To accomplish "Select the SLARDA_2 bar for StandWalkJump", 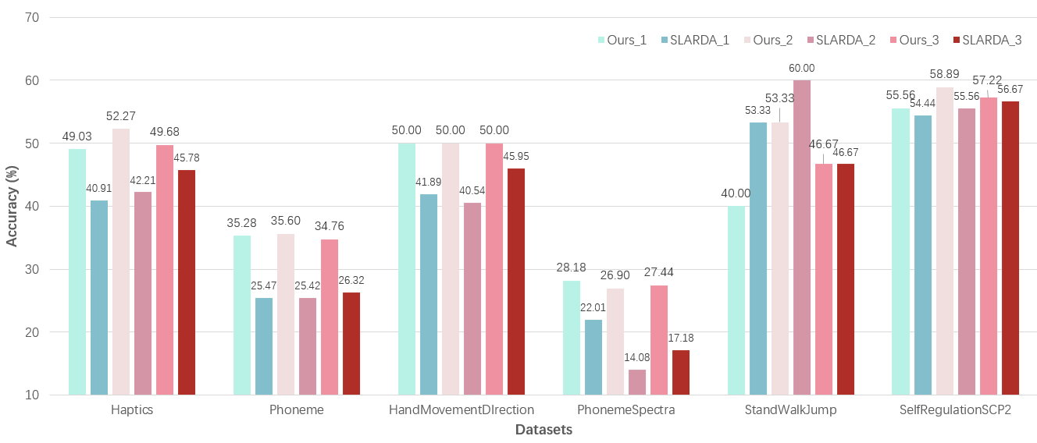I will click(x=802, y=237).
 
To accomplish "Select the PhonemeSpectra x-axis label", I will click(x=626, y=410).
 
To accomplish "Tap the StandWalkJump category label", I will click(x=791, y=410).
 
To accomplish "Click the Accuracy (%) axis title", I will click(x=12, y=206).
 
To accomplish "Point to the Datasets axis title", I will click(x=543, y=430).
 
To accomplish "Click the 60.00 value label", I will click(x=801, y=69).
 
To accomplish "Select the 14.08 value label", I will click(x=636, y=358).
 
